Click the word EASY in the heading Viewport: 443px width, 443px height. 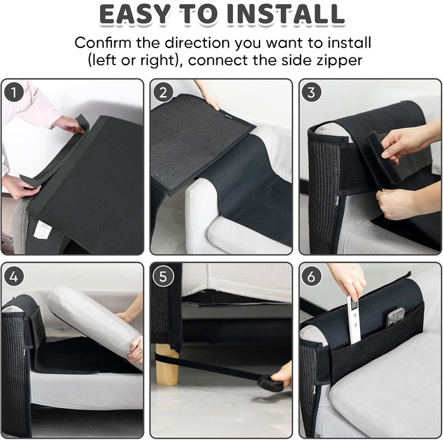click(x=135, y=14)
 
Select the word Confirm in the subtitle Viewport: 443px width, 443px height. click(x=103, y=42)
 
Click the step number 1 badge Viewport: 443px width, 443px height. click(x=14, y=92)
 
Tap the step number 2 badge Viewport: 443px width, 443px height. click(x=163, y=92)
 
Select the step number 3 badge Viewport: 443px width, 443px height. click(x=311, y=92)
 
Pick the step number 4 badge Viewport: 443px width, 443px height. click(x=14, y=277)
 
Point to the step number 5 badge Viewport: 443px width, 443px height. click(x=163, y=277)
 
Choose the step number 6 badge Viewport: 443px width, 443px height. click(x=311, y=277)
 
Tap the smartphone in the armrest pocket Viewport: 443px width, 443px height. click(x=396, y=316)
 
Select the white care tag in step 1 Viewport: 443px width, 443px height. click(x=42, y=229)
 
